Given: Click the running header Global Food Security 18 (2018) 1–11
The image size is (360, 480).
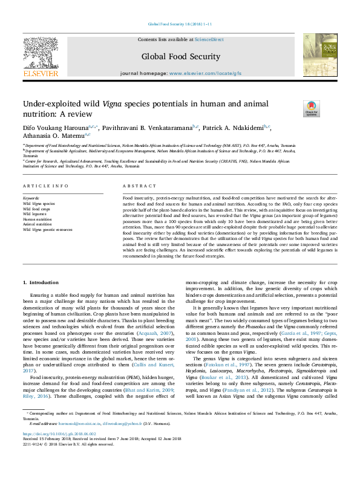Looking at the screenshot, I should click(x=180, y=25).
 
